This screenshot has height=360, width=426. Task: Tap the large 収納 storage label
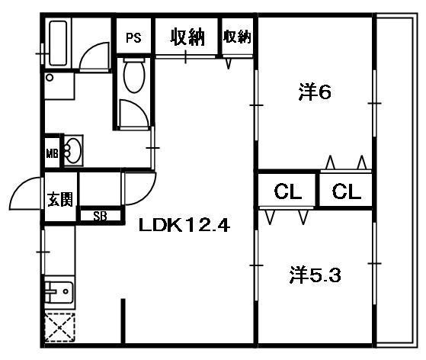(x=187, y=37)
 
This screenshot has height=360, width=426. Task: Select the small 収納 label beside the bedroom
(x=237, y=36)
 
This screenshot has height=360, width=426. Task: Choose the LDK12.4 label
(x=184, y=225)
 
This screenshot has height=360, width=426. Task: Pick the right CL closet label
(x=345, y=191)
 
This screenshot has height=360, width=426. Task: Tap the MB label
(x=52, y=153)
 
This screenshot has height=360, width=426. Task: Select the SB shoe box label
(x=100, y=215)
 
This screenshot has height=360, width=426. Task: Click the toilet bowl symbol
(x=134, y=77)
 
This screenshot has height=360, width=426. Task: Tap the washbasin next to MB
(x=72, y=149)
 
